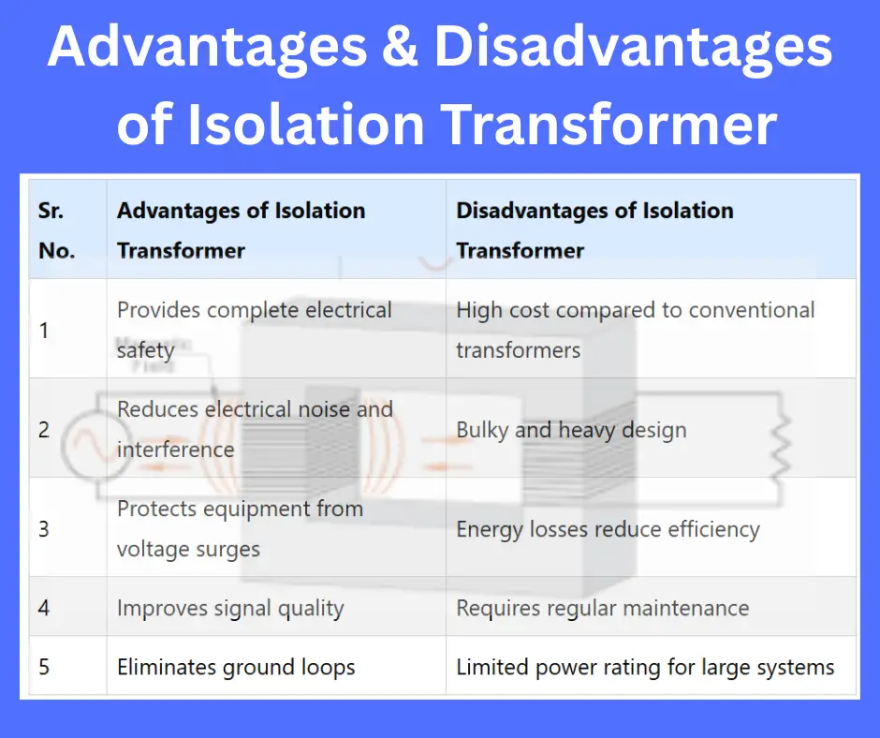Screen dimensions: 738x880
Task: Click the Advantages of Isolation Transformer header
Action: pos(241,230)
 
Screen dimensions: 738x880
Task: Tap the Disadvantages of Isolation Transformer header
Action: pos(594,230)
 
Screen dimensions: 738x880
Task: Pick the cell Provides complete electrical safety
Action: pos(254,330)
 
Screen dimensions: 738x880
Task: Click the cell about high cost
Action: pos(635,330)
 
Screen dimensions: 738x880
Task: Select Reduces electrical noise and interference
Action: pos(254,429)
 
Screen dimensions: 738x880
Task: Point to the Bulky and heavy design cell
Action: pos(571,430)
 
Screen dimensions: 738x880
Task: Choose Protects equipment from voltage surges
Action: pos(240,528)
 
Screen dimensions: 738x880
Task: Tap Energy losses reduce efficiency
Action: pos(608,529)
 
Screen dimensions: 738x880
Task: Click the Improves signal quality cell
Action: pos(230,608)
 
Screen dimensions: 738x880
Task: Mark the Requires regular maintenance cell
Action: pos(602,608)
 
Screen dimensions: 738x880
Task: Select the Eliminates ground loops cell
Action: pos(236,668)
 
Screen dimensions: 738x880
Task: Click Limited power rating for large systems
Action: pos(645,668)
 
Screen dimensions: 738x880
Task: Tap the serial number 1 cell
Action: pos(44,331)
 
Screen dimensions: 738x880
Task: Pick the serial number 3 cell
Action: pos(44,529)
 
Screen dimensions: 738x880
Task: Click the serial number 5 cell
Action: pos(44,668)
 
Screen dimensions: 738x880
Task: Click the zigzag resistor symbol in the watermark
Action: pos(779,448)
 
